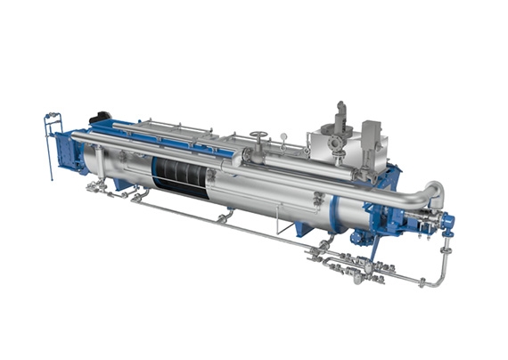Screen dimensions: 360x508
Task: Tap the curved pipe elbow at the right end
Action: pos(431,193)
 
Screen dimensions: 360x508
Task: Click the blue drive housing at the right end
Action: pos(392,214)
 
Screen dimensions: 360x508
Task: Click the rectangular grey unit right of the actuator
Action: pos(373,134)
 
